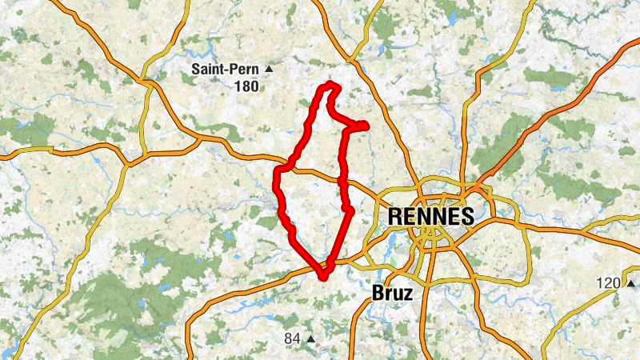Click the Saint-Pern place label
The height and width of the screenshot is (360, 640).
tap(226, 69)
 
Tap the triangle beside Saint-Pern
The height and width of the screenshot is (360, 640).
tap(269, 70)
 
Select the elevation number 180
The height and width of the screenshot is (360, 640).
tap(246, 86)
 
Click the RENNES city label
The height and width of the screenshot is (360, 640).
tap(430, 217)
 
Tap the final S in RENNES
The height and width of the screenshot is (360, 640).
tap(466, 217)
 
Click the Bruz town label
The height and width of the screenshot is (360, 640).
tap(393, 294)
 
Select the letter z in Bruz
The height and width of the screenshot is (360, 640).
tap(408, 294)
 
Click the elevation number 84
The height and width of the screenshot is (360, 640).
tap(292, 339)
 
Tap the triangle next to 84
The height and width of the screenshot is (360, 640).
tap(310, 339)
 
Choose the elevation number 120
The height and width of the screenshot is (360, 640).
tap(610, 283)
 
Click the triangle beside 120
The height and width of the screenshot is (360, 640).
tap(630, 283)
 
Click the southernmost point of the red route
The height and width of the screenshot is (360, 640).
tap(323, 278)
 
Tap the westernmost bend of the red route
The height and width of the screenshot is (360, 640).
tap(278, 173)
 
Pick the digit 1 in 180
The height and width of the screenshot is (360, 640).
tap(238, 86)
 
